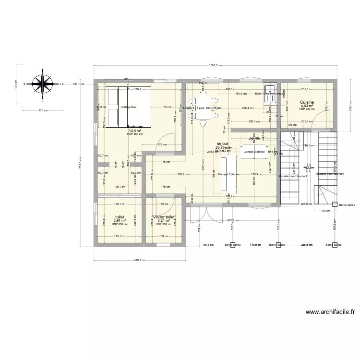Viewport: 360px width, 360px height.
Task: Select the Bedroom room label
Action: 134,127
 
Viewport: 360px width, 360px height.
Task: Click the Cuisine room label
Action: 307,102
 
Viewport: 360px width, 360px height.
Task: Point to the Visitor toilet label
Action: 163,217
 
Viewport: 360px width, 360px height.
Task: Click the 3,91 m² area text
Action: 119,221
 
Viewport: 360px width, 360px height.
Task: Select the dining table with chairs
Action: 204,108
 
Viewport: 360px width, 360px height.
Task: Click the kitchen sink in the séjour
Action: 271,92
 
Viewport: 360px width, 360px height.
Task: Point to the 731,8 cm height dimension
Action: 81,163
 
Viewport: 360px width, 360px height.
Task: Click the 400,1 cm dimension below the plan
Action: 140,260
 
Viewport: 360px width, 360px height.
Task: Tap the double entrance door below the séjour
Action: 207,216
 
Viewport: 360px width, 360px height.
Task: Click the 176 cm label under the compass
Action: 43,110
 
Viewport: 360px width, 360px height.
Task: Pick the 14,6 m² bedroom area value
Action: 134,131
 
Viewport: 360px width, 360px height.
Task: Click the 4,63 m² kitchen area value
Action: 307,106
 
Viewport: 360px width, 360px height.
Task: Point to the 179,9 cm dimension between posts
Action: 255,245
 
